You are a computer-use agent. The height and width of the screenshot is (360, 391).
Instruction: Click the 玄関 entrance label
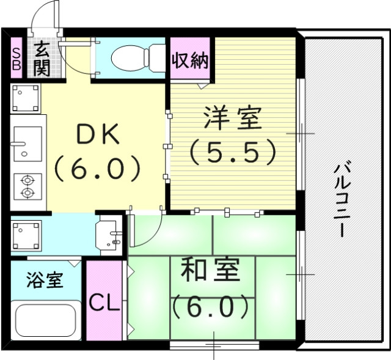[41, 58]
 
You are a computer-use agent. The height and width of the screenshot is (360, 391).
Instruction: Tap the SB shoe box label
[16, 58]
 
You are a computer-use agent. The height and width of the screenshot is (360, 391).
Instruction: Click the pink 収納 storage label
[190, 61]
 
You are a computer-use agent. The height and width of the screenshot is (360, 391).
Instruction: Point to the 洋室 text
[233, 119]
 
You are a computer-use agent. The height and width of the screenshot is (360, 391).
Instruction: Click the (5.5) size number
[233, 152]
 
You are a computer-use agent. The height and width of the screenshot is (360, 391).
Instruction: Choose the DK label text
[98, 136]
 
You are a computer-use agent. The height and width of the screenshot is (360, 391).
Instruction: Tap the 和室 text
[210, 271]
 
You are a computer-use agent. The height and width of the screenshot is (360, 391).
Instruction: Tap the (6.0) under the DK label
[98, 168]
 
